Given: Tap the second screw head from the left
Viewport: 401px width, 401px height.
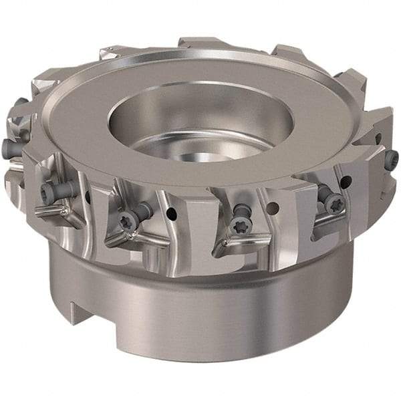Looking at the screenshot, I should click(47, 193).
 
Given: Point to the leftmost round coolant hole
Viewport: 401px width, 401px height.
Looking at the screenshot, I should click(88, 196).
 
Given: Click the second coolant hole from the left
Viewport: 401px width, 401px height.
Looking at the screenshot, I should click(172, 215).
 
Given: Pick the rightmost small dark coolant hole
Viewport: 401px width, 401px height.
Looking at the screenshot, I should click(378, 139).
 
